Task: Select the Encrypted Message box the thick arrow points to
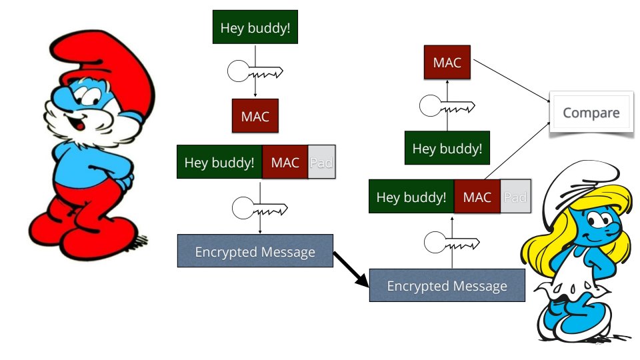point(447,286)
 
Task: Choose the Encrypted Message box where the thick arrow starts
point(255,251)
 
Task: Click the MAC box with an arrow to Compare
point(447,63)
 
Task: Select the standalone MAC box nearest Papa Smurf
point(255,116)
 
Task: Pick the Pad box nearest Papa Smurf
point(322,162)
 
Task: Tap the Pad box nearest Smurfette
point(515,197)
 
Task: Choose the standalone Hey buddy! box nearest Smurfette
point(447,148)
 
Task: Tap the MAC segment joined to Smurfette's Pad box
point(477,197)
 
